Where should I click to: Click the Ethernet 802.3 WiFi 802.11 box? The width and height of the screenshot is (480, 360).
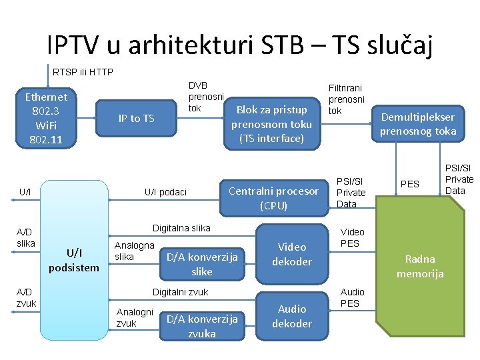(x=46, y=118)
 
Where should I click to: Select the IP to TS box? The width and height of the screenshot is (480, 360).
(x=136, y=119)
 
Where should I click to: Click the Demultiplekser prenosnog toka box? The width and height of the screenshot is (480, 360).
(x=418, y=124)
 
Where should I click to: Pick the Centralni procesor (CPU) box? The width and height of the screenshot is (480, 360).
(x=273, y=198)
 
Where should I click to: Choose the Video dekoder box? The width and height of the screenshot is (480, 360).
(x=292, y=254)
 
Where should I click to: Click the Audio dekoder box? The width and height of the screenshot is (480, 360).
(x=292, y=316)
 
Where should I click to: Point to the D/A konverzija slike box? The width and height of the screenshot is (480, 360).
(x=201, y=264)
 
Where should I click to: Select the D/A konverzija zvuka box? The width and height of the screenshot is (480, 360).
(x=201, y=326)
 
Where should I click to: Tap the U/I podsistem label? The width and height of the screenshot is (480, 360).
(x=73, y=260)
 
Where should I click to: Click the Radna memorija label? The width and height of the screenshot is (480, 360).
(x=419, y=266)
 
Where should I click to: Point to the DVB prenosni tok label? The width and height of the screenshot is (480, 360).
(x=205, y=97)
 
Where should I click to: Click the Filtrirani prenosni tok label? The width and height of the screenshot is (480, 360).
(x=346, y=99)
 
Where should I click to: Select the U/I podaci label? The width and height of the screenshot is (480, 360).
(x=166, y=192)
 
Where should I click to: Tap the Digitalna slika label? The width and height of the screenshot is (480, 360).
(x=181, y=228)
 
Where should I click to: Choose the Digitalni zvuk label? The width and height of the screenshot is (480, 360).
(x=181, y=292)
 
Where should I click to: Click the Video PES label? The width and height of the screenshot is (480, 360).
(x=353, y=237)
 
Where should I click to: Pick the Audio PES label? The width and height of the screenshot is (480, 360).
(x=353, y=297)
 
